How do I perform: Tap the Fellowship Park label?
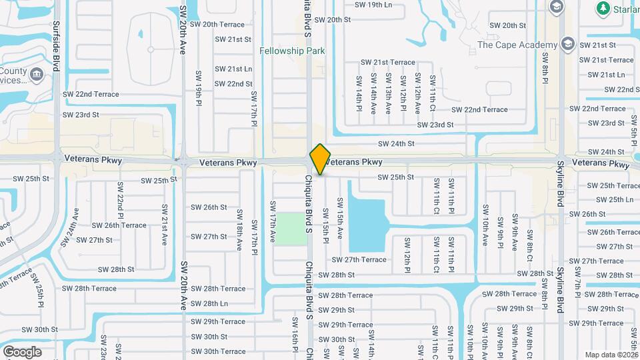(291, 51)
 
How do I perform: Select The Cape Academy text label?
(517, 45)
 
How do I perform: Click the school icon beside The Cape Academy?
(568, 45)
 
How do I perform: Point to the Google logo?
(21, 351)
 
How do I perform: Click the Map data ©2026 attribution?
(610, 355)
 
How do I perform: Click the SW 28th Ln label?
(209, 303)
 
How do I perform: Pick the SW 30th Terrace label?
(219, 351)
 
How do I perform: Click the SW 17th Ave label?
(273, 221)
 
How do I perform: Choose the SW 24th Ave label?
(75, 227)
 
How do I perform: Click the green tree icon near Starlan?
(603, 7)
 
